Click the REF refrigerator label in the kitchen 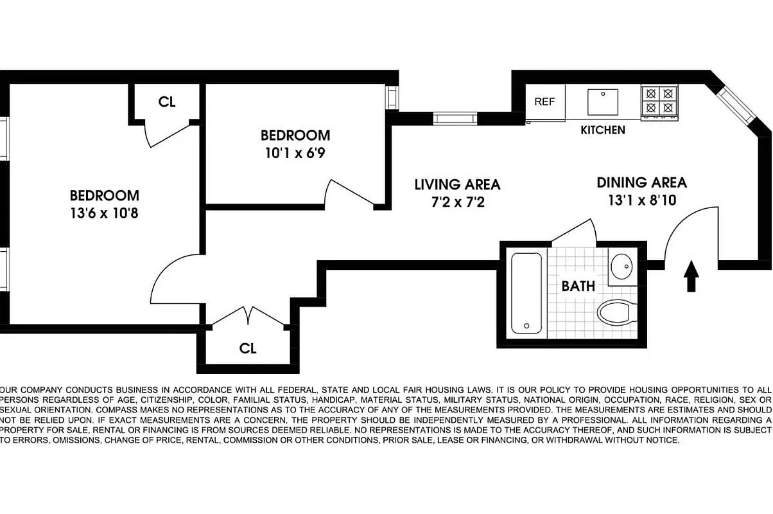point(544,102)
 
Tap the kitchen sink point(602,102)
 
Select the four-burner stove point(659,101)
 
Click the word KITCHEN point(602,130)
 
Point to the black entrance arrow point(691,276)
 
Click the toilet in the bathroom point(616,314)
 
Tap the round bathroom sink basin point(621,265)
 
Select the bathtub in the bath point(526,293)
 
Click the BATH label point(578,287)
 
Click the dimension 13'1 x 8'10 point(641,200)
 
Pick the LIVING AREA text point(456,185)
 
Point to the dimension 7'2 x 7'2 point(456,202)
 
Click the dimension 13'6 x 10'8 point(104,213)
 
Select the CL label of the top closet point(167,102)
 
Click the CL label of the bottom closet point(248,349)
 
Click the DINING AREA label point(641,182)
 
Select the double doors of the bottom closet point(248,317)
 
